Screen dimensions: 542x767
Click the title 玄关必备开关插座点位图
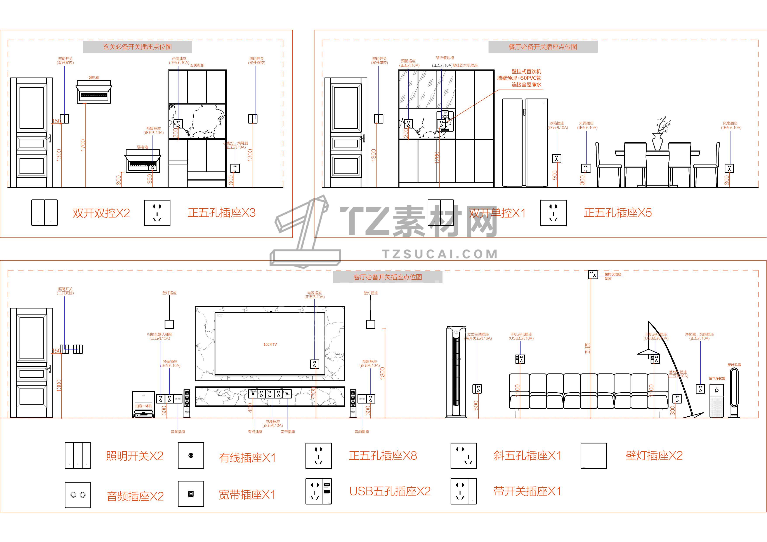[137, 47]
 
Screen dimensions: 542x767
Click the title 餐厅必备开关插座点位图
[543, 47]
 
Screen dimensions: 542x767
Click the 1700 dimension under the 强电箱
[83, 145]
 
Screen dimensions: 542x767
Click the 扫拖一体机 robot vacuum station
[144, 405]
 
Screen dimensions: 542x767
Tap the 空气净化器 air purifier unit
[717, 400]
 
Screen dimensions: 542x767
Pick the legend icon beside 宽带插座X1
[191, 494]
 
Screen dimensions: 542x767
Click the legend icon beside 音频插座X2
[78, 495]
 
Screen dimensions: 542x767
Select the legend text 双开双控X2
[101, 213]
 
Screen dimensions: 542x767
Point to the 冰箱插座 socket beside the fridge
[557, 158]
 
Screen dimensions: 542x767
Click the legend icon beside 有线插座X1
[191, 455]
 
